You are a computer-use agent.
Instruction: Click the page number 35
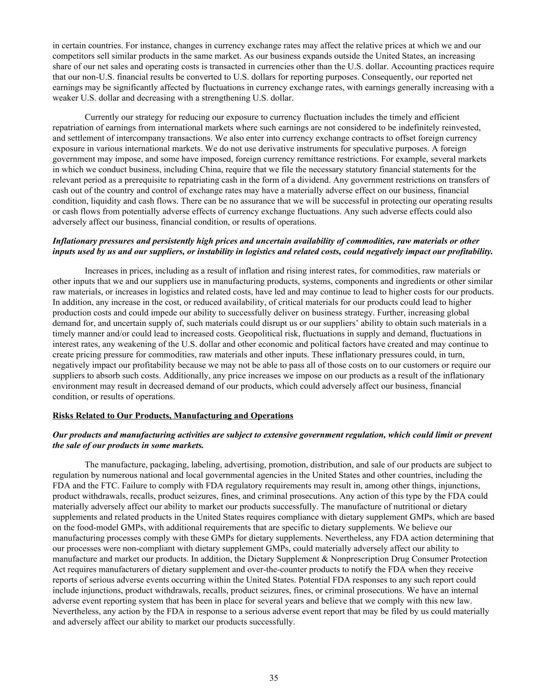coord(274,678)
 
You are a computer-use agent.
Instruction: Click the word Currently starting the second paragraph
coord(102,117)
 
